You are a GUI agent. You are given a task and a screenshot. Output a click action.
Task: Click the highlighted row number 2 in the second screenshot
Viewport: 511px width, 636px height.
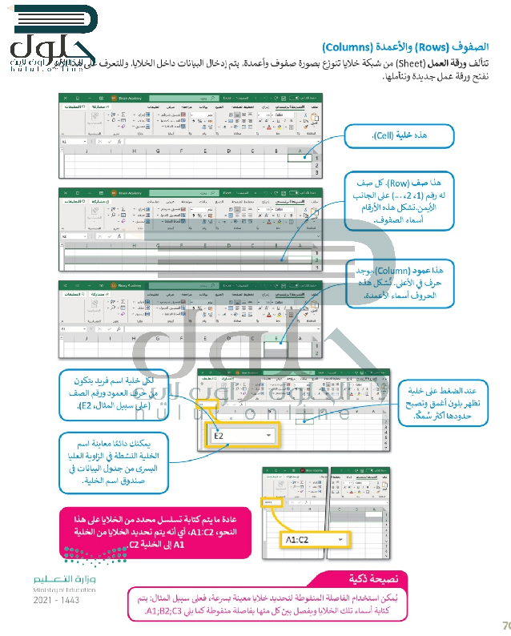[x=317, y=260]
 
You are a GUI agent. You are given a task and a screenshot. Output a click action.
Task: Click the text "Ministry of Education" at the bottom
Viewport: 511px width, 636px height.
[x=64, y=589]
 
